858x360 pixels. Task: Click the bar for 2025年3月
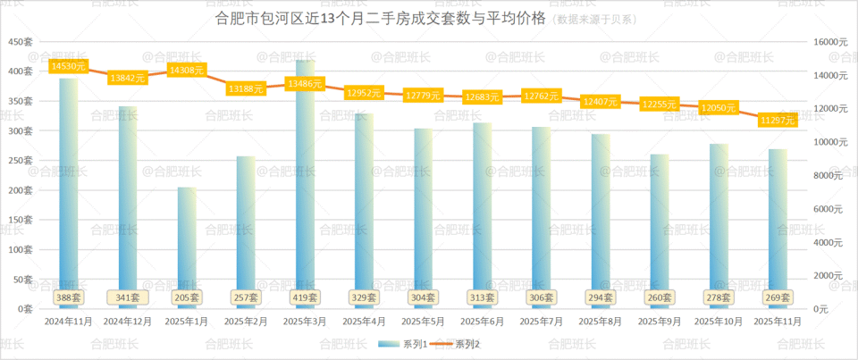(306, 179)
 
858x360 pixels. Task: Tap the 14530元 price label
(69, 66)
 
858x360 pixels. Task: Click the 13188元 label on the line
(246, 89)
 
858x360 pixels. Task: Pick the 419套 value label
(306, 297)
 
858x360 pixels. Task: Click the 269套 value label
(778, 297)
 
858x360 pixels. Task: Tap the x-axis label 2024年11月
(69, 321)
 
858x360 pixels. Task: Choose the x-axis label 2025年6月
(483, 321)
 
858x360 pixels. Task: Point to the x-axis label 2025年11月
(778, 321)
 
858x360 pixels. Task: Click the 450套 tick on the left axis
(21, 42)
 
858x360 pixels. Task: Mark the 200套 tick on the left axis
(21, 190)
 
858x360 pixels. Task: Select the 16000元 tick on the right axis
(830, 42)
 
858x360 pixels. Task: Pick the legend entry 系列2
(457, 344)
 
